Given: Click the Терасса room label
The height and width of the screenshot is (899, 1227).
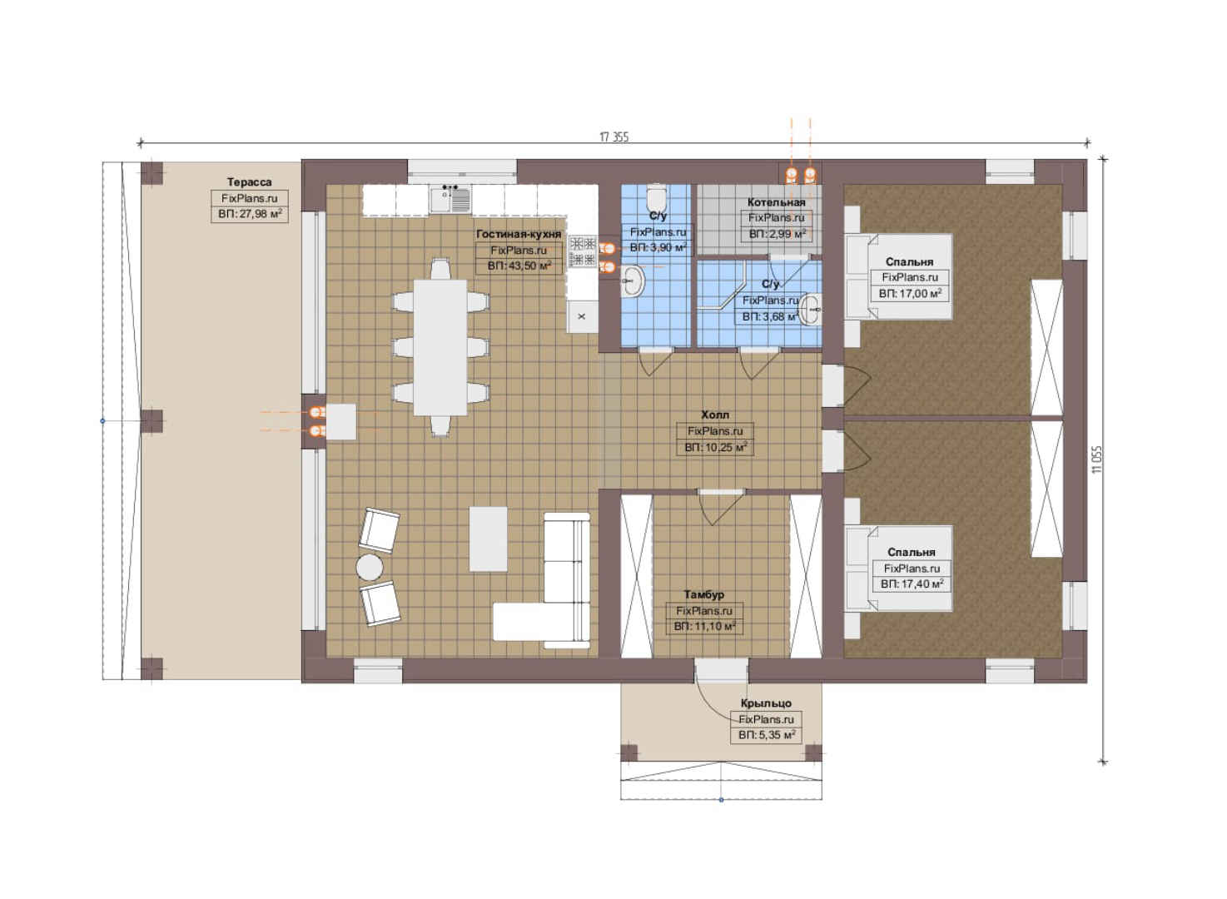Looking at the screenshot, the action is (x=249, y=182).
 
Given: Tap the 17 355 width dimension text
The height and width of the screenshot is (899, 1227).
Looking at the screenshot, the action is (x=614, y=137).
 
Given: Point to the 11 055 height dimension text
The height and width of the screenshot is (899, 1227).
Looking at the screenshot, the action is (x=1096, y=459).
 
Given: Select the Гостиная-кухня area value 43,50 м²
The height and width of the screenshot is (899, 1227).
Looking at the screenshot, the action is (x=519, y=266).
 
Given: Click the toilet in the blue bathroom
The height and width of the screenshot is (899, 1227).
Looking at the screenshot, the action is (x=656, y=198).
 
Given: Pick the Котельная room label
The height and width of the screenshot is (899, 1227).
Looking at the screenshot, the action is (x=776, y=202).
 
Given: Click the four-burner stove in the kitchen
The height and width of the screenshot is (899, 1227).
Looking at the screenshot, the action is (x=582, y=251).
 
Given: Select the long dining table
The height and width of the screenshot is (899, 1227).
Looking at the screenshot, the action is (x=440, y=347).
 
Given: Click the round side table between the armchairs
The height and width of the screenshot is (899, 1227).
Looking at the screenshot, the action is (x=370, y=567).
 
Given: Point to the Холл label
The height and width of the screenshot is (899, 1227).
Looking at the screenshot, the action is (x=715, y=415).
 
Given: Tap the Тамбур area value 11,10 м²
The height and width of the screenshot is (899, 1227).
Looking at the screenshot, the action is (x=704, y=626).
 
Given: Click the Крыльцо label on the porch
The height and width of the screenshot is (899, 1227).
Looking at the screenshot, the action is (x=766, y=703).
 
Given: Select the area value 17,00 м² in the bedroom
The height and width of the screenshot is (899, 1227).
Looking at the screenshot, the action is (x=910, y=293).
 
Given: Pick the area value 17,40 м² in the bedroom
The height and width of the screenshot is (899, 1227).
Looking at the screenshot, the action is (x=912, y=584).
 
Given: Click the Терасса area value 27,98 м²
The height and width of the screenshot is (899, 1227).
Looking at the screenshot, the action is (x=250, y=214).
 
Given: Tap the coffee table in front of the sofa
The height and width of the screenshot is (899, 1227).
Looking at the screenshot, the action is (x=488, y=539).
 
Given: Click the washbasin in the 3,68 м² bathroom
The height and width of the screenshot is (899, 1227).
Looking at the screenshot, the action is (x=810, y=309).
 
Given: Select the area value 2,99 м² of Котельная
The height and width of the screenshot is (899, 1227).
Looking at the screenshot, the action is (x=777, y=234).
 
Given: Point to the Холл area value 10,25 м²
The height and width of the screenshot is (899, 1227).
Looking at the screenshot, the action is (x=715, y=447).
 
